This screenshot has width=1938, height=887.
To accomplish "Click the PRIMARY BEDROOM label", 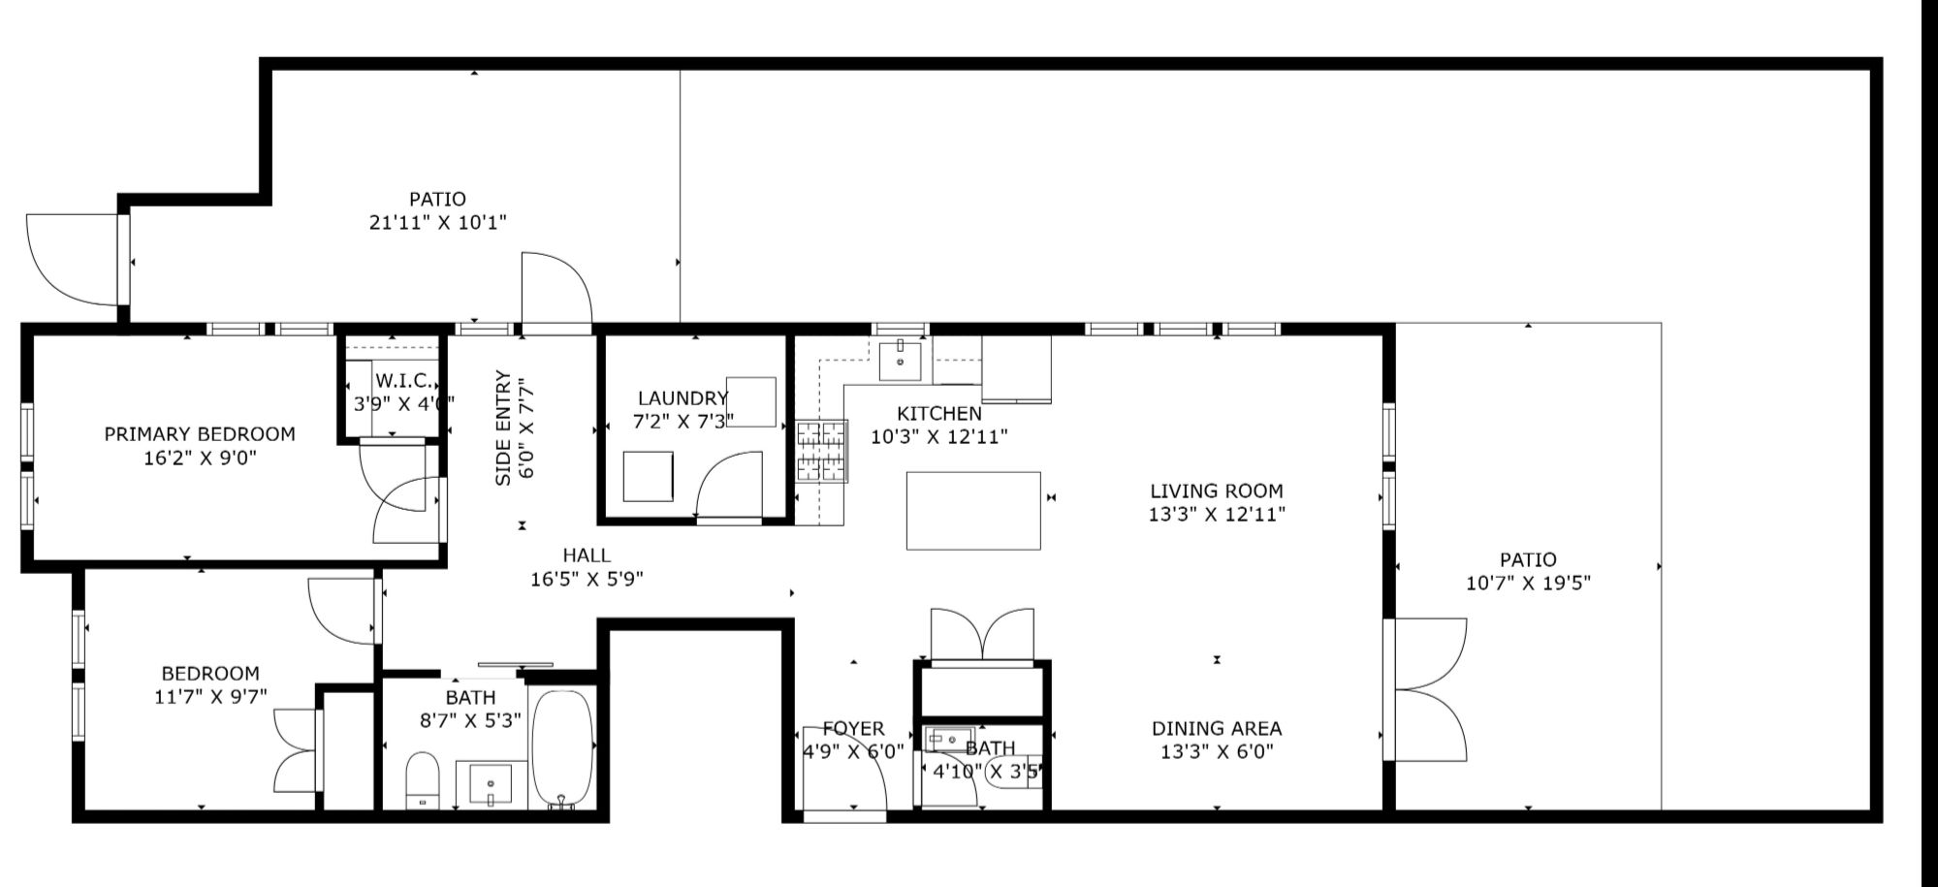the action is pos(200,434).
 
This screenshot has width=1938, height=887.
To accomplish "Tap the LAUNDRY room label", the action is pos(683,398).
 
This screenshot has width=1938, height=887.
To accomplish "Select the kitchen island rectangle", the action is pos(973,511).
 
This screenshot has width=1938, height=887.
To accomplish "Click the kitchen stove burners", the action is pos(822,451).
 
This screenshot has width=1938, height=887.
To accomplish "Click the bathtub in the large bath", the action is pos(563,748).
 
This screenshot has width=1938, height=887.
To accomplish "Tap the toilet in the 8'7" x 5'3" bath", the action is pos(422,779).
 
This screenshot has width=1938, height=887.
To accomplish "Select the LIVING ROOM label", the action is pos(1217,491).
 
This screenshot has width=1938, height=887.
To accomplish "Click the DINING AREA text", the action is pos(1217,728).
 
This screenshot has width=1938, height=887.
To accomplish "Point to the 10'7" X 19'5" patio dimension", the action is pos(1528,584).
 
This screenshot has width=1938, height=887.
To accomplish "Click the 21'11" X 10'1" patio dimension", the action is pos(437,223).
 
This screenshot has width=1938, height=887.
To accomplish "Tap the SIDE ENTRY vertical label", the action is pos(503,428).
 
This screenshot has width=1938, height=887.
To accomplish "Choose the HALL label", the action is pos(587,555).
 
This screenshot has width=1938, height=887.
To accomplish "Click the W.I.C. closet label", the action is pos(402,380).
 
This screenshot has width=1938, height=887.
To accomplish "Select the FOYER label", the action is pos(853,728).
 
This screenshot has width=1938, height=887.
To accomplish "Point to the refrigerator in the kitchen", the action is pos(1017,369).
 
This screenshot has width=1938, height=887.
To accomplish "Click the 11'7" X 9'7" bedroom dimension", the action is pos(210,696).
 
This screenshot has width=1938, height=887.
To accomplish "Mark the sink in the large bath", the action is pos(492,784).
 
